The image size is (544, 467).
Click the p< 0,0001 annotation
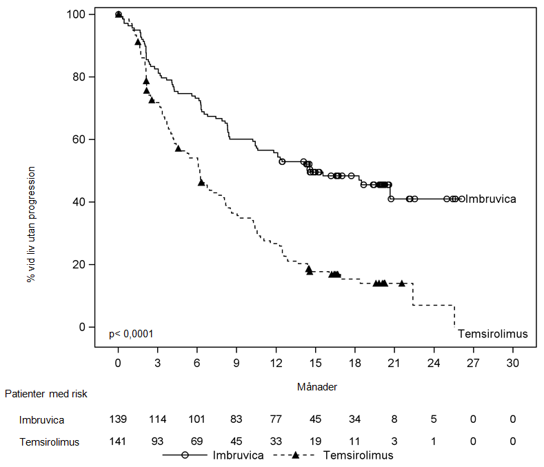(131, 334)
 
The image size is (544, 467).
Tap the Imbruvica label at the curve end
(491, 199)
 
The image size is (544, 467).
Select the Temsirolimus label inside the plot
(493, 334)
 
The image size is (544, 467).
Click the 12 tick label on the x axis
(276, 363)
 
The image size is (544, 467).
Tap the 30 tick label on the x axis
(513, 363)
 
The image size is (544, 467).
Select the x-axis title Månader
(316, 387)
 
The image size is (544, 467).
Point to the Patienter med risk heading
(46, 394)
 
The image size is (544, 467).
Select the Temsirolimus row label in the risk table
(48, 443)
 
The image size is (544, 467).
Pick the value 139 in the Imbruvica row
(118, 419)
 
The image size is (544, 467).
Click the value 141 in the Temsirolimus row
(118, 443)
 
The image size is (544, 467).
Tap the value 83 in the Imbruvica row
(236, 419)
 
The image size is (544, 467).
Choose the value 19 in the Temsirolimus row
(315, 443)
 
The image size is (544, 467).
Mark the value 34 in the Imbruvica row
(355, 419)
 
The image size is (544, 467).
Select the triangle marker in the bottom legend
(295, 455)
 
